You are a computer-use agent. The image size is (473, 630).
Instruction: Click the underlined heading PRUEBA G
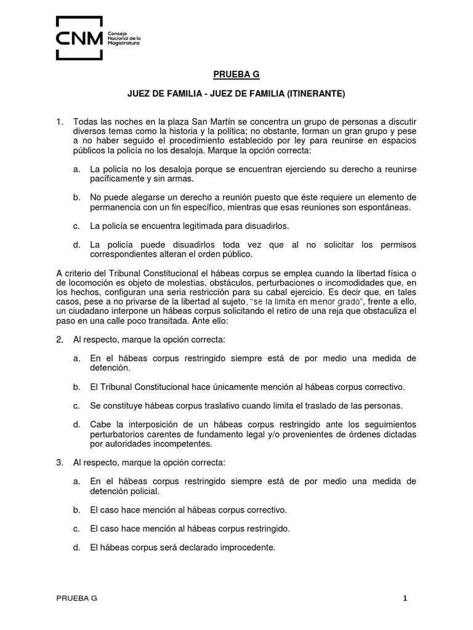[236, 74]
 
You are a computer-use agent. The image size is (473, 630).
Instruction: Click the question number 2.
[60, 340]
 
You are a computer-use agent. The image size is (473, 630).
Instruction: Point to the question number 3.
[60, 462]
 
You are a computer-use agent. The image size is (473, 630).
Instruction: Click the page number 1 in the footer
[405, 597]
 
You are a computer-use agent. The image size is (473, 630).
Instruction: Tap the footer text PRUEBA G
[76, 597]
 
